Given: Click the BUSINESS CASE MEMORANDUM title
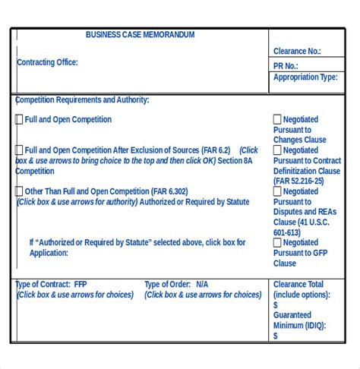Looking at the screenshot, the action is [140, 35].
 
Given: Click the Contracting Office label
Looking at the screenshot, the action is [47, 62].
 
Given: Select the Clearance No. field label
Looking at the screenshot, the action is [297, 52].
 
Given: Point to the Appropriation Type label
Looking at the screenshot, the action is [305, 77].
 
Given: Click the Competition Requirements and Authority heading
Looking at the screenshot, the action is [82, 99].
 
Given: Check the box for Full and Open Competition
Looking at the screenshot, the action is [19, 119].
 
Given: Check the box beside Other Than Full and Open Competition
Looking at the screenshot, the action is [19, 191].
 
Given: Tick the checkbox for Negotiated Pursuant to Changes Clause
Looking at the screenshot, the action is [277, 119].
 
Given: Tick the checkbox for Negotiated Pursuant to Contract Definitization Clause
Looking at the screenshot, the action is [277, 150].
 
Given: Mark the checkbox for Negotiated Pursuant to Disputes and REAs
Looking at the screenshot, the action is [277, 191].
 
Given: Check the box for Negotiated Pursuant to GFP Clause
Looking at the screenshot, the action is [277, 243].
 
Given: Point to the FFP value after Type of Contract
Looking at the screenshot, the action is [81, 285].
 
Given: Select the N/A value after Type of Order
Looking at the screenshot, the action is [201, 285].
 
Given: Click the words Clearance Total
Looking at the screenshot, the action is [298, 285].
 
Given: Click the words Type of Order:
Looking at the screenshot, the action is [167, 285].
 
